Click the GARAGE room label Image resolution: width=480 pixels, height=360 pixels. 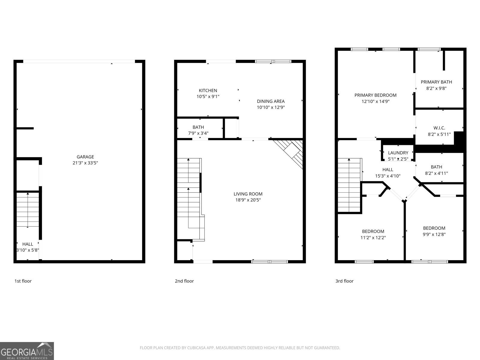pos(85,157)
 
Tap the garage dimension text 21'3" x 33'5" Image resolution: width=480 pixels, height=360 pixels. pos(85,163)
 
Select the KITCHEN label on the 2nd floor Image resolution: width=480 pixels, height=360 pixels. pos(208,90)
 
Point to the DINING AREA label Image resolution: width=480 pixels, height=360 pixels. pos(271,101)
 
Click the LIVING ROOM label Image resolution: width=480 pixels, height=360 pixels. pos(248,194)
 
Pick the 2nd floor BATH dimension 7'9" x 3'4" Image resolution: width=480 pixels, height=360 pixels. pos(198,133)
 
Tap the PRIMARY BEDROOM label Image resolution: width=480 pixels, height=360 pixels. pos(375,95)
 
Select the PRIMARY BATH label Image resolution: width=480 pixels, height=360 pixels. pos(436,82)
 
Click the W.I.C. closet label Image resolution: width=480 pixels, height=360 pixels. pos(439,128)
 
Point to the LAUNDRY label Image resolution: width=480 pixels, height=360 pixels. pos(398,153)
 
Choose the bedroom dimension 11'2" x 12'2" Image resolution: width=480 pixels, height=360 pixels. pos(373,238)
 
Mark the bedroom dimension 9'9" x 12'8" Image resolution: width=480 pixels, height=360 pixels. pos(434,234)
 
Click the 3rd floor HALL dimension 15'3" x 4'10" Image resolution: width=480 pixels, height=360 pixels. pos(388,176)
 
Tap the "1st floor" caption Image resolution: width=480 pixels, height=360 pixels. pos(23,281)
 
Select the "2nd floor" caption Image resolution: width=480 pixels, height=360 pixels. pos(184,281)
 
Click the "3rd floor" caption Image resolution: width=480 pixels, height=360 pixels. pos(344,281)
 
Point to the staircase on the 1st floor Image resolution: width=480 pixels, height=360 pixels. pos(28,210)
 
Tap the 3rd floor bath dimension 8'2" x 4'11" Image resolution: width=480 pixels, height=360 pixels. pos(436,173)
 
